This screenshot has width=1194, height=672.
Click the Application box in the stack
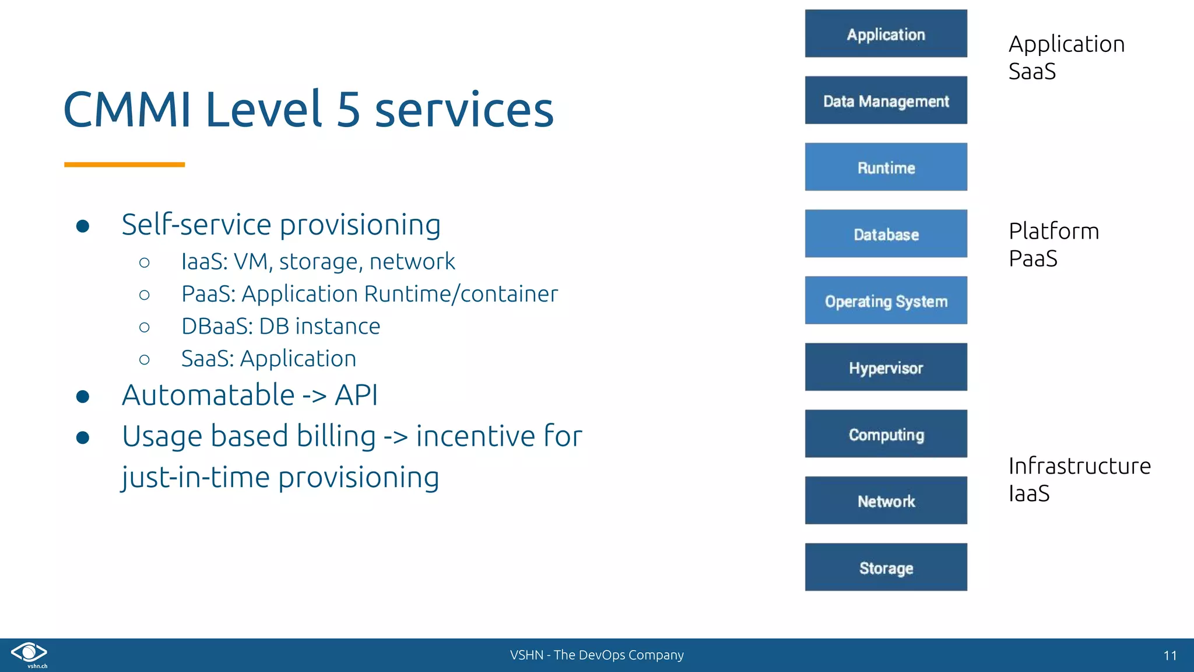click(886, 34)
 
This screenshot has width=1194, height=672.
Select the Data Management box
click(886, 100)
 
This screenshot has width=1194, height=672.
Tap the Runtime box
click(886, 167)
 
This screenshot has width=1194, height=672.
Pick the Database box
click(886, 234)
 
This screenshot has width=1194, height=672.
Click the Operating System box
click(886, 301)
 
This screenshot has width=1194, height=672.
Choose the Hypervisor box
click(886, 367)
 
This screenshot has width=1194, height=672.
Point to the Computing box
click(886, 434)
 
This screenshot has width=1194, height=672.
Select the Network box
click(886, 501)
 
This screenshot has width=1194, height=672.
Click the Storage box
click(886, 568)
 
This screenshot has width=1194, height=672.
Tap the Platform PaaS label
click(1053, 244)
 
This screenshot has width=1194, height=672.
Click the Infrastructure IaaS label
click(1079, 479)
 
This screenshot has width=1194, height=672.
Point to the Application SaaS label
click(1066, 57)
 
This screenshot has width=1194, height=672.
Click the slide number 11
click(1170, 656)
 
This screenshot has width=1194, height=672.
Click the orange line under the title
click(124, 165)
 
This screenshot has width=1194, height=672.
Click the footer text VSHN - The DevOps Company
click(596, 655)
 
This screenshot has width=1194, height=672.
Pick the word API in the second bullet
click(356, 395)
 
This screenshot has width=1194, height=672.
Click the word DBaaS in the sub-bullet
click(216, 327)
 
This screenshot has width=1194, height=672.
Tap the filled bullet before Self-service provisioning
click(83, 226)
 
